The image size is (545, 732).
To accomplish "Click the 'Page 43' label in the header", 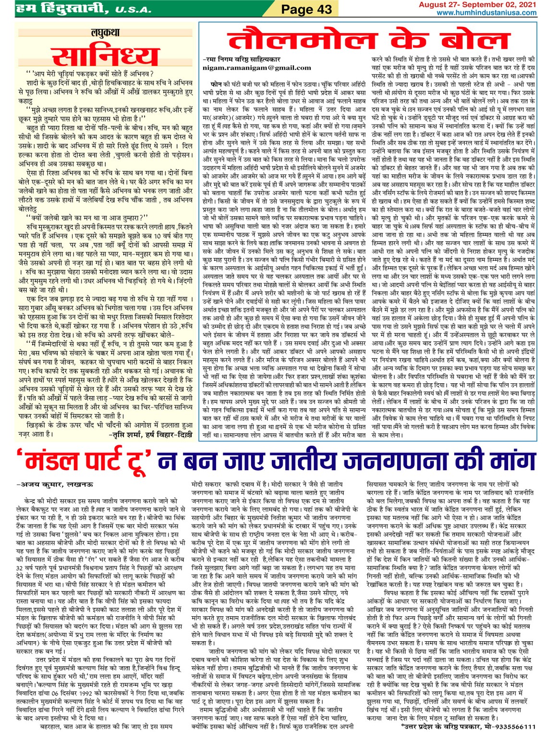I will coord(306,9).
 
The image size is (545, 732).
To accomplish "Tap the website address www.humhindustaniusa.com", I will coord(486,12).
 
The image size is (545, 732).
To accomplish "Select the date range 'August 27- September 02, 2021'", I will coord(477,5).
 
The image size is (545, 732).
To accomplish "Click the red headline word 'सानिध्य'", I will coord(105,55).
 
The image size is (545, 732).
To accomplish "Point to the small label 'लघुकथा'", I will coord(105,33).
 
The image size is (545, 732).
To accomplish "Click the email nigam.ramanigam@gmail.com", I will coord(256,68).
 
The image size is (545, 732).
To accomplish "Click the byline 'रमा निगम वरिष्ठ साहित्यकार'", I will coord(242,60).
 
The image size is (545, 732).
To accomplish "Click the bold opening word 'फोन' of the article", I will coord(216,84).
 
